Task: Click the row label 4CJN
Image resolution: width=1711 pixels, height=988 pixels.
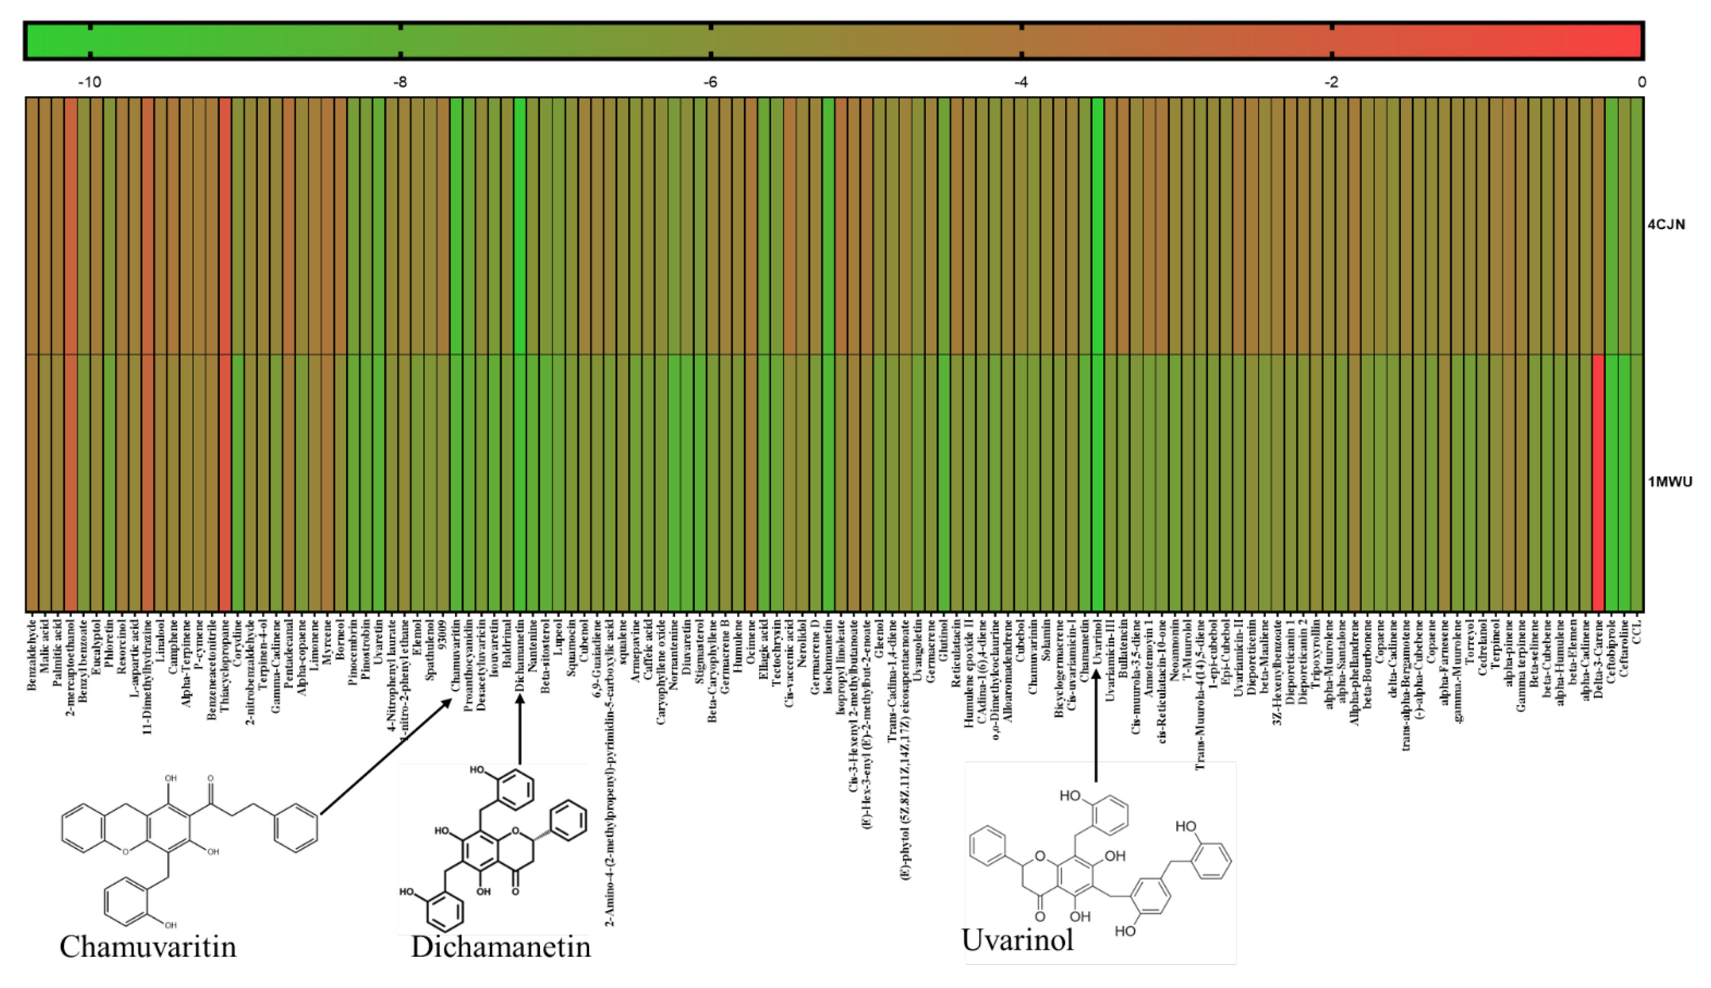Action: click(1667, 225)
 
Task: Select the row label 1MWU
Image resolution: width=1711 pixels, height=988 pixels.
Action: click(1670, 482)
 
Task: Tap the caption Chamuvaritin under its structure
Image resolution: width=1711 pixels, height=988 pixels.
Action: click(148, 947)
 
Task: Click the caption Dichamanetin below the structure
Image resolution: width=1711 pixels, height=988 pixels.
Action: click(501, 947)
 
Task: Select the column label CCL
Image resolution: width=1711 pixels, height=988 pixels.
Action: click(1638, 625)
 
